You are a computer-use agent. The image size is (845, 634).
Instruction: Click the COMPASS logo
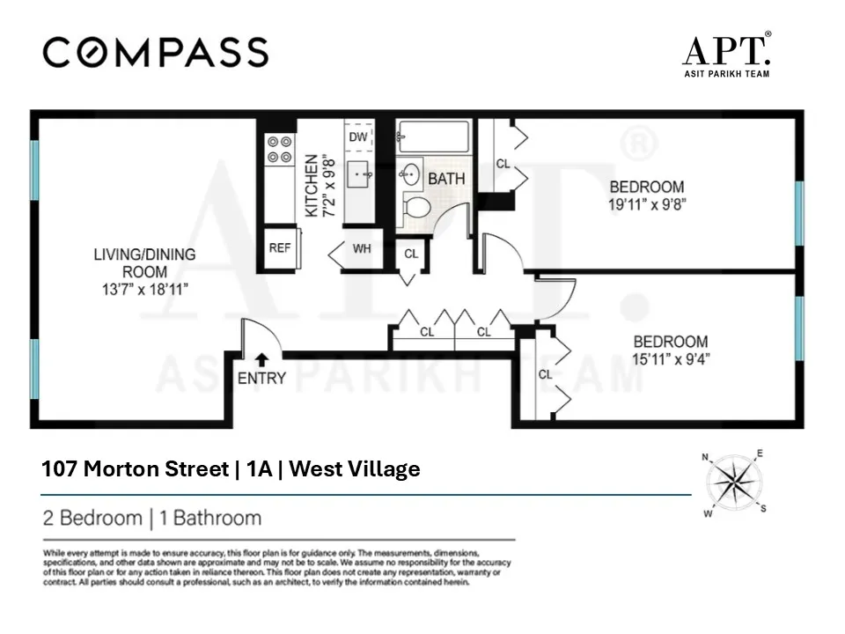click(x=155, y=53)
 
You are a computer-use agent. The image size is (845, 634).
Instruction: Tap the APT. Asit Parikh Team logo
click(x=726, y=55)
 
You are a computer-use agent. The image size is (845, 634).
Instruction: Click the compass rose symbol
click(x=734, y=483)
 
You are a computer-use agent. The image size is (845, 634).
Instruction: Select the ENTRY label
click(x=261, y=378)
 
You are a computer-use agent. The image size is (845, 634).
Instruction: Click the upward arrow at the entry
click(x=261, y=358)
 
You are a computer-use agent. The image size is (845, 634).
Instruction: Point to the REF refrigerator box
click(x=280, y=247)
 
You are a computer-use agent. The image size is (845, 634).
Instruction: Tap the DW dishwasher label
click(x=358, y=137)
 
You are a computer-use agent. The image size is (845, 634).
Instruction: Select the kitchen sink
click(x=360, y=176)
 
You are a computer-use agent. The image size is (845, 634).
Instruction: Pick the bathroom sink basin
click(x=411, y=173)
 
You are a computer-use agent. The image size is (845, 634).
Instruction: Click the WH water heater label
click(x=362, y=248)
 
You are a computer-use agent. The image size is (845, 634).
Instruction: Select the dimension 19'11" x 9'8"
click(x=647, y=203)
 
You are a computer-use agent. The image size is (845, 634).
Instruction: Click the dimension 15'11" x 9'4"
click(x=671, y=358)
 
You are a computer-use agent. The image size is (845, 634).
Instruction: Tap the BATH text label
click(x=446, y=179)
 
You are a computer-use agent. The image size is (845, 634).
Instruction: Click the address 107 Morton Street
click(x=135, y=469)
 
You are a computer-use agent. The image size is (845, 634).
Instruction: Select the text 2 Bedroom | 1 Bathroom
click(x=152, y=518)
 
